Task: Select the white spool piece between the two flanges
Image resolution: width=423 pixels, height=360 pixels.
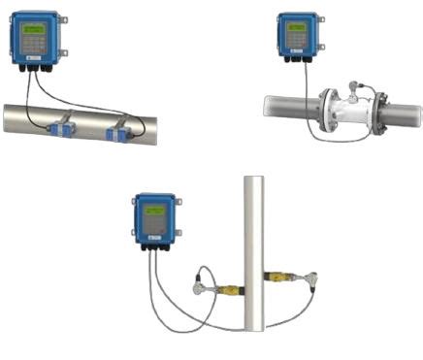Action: (353, 109)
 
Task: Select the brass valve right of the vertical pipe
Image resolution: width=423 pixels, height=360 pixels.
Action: (281, 279)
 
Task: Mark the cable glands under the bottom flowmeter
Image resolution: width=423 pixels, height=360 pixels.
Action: (153, 246)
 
